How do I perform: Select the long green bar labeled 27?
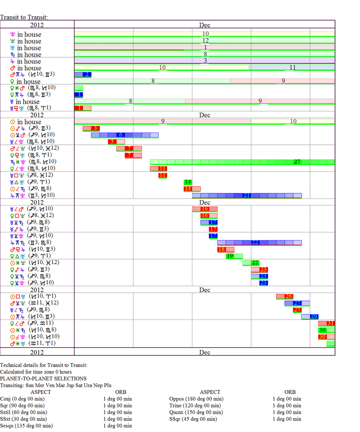pos(242,162)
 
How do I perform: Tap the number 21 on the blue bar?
pos(247,195)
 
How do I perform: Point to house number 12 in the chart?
pos(205,41)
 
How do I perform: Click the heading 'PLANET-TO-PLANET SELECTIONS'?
pos(43,378)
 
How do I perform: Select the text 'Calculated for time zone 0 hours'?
pos(36,372)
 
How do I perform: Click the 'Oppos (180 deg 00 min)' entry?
pos(196,399)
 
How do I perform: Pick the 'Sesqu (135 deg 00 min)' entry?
pos(26,426)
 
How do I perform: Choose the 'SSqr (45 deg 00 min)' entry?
pos(193,419)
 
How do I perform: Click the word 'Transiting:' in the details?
pos(13,385)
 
